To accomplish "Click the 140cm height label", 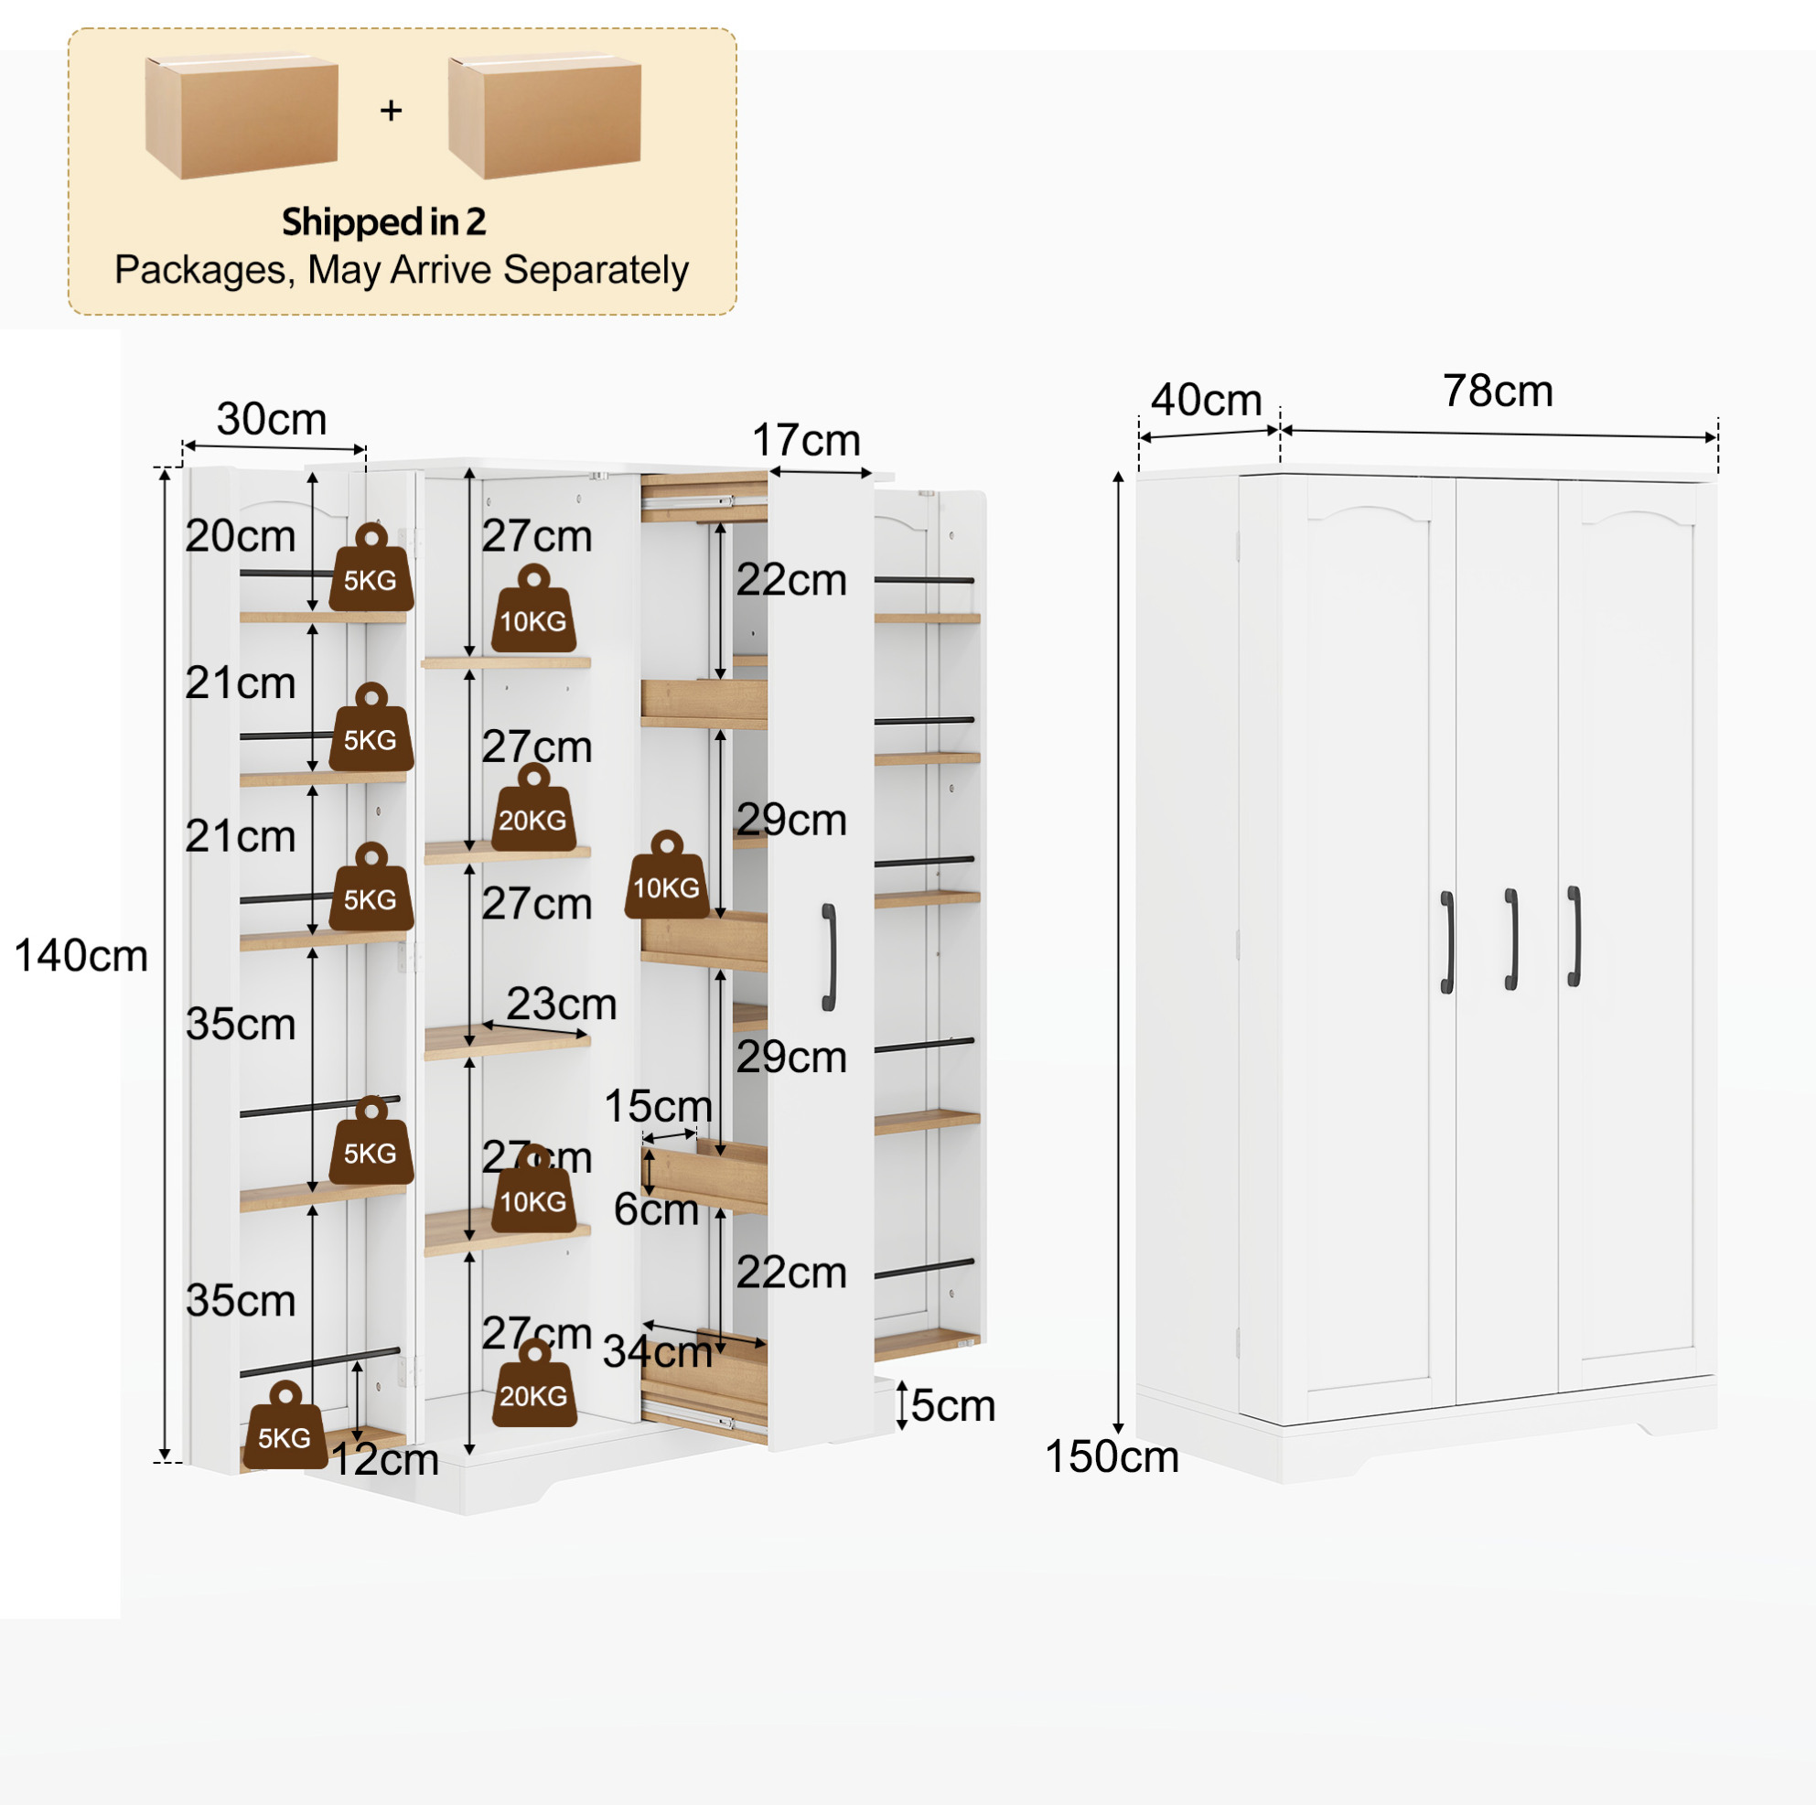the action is [x=81, y=956].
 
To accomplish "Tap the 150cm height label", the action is [x=1112, y=1457].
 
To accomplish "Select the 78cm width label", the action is [x=1499, y=391].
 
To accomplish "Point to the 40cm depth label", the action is [x=1207, y=400].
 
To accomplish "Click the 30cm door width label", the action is [x=272, y=419].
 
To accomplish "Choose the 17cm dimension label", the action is [x=807, y=440].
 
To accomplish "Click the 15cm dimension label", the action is [x=658, y=1105].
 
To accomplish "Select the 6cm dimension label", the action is [x=656, y=1210].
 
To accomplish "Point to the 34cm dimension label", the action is [x=658, y=1353].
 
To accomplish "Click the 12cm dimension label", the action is [x=385, y=1460].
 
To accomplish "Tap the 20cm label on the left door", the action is [x=241, y=537].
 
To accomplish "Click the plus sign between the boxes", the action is [x=391, y=111].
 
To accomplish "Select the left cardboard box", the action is [x=242, y=114].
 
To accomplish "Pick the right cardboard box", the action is [x=544, y=114].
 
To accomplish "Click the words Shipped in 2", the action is [x=383, y=222].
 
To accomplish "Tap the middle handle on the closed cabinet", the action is [x=1511, y=940].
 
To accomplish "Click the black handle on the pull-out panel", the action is [x=829, y=957].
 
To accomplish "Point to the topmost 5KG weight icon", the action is [x=371, y=567].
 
